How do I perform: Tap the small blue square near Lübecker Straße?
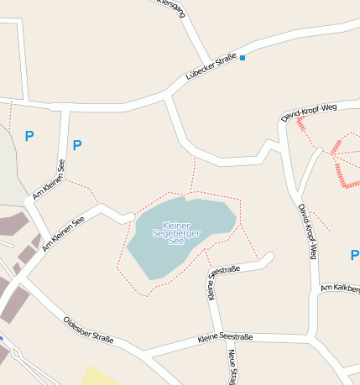[243, 58]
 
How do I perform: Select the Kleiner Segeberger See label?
[176, 233]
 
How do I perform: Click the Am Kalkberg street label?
[341, 289]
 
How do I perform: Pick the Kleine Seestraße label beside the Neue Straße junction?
[225, 337]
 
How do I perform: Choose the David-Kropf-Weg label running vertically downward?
[307, 232]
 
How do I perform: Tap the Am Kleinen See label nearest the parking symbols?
[49, 179]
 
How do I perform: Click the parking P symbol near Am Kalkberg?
[354, 254]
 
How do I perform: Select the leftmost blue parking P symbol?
[29, 135]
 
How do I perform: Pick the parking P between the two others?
[77, 145]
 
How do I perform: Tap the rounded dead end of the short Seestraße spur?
[269, 257]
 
